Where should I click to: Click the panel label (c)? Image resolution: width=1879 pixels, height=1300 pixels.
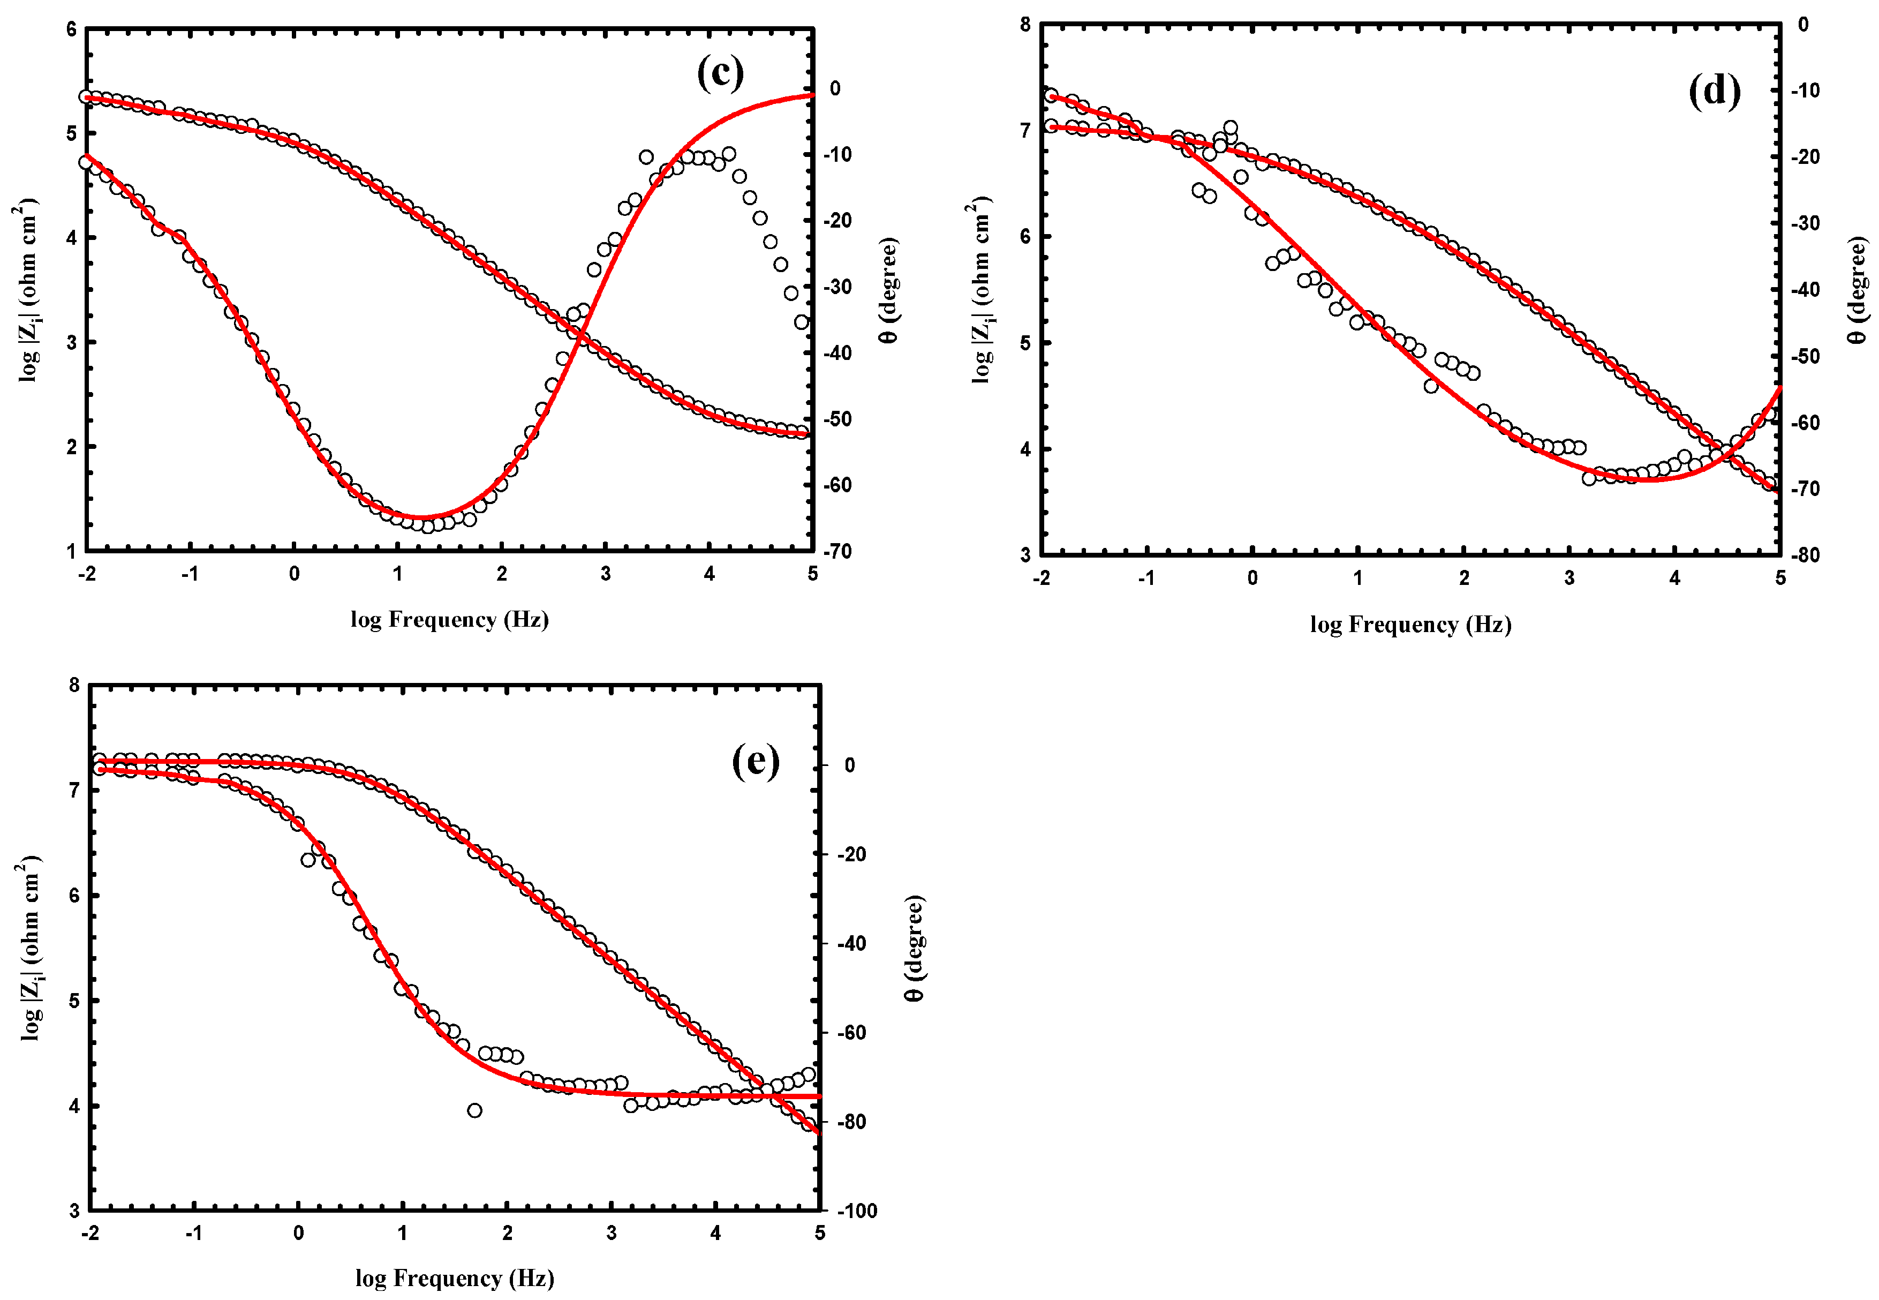[x=720, y=73]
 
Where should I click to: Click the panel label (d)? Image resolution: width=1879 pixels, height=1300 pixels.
[x=1714, y=91]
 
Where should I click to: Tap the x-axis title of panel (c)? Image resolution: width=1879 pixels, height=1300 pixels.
[x=449, y=619]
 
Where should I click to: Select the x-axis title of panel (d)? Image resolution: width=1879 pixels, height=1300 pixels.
[x=1410, y=624]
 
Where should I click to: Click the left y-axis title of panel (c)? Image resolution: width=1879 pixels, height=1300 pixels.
[x=28, y=289]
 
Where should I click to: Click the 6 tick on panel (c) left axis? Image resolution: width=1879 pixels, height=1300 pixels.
[x=72, y=29]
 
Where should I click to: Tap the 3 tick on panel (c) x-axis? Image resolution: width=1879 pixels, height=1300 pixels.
[x=605, y=574]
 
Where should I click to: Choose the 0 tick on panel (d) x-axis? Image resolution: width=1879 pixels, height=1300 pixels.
[x=1252, y=578]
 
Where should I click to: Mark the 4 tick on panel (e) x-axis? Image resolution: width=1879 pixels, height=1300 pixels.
[x=715, y=1233]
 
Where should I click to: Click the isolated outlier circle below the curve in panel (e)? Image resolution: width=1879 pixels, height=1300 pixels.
[x=474, y=1110]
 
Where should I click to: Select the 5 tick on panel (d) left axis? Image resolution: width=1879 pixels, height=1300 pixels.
[x=1024, y=343]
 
